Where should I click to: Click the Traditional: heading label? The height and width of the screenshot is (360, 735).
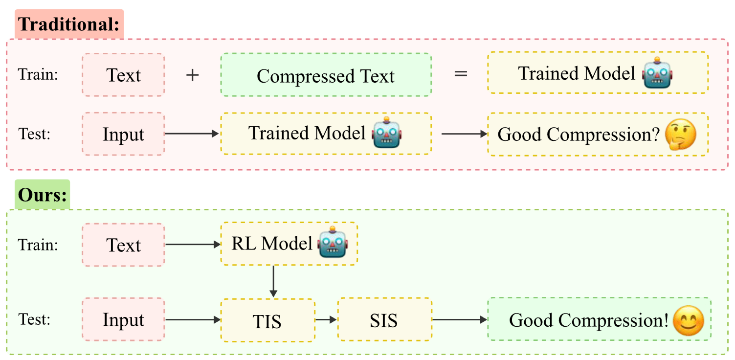(69, 24)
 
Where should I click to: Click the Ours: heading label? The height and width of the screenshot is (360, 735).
(42, 195)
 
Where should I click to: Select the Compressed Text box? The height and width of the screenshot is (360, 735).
(326, 75)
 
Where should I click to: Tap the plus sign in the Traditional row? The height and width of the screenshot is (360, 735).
(193, 75)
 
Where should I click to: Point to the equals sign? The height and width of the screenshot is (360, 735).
(461, 74)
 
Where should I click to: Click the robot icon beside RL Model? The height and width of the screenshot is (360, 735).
(333, 242)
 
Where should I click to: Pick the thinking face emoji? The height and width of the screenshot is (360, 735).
(680, 134)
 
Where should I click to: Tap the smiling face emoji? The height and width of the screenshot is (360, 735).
(688, 320)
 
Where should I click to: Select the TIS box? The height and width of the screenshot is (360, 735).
(267, 321)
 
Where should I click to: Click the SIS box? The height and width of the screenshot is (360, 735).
(384, 320)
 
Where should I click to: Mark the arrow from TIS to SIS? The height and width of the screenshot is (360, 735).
(326, 320)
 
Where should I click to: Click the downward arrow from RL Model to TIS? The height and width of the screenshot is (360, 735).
(273, 281)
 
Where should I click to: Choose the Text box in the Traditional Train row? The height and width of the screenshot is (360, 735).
(123, 75)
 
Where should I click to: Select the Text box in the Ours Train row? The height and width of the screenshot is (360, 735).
(123, 245)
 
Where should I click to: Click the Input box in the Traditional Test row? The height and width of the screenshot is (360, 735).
(123, 134)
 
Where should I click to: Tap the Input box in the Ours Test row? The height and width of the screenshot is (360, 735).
(123, 320)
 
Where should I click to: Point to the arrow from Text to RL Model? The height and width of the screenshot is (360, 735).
(193, 244)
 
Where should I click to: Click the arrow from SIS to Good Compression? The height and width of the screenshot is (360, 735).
(460, 320)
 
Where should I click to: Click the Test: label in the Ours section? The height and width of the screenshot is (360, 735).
(34, 319)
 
